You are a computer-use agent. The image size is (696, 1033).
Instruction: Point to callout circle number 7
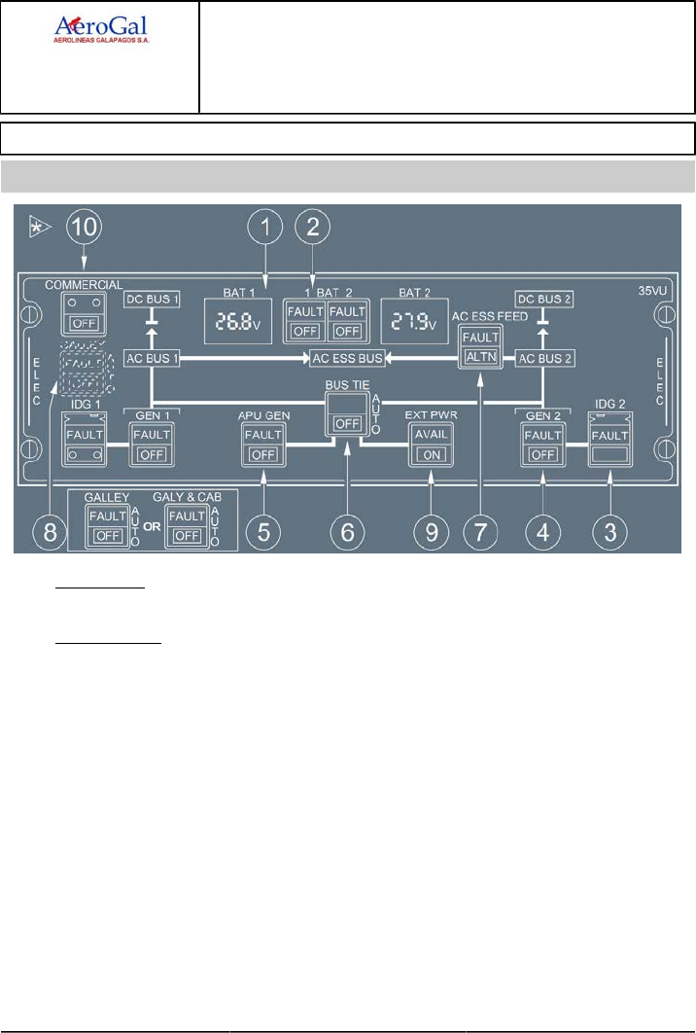(x=477, y=532)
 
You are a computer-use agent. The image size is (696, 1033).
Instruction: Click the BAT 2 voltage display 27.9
(x=412, y=321)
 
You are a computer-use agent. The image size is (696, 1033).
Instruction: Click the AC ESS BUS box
(x=346, y=358)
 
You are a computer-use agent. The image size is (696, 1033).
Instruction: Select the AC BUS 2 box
(x=540, y=358)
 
